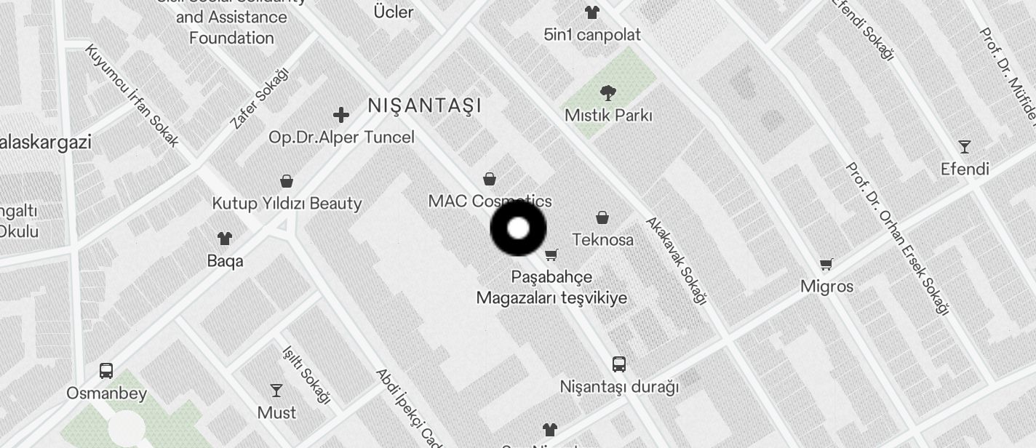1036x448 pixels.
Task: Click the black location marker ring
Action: pos(518,228)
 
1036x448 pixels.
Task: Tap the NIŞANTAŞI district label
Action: pos(425,105)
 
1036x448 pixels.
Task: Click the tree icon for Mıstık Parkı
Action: pos(607,92)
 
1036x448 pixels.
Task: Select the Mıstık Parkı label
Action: pos(608,116)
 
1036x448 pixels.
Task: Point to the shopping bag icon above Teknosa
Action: pos(602,217)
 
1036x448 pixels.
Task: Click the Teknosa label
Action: pos(602,240)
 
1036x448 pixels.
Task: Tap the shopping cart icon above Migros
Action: pos(826,264)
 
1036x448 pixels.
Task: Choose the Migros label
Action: pos(826,287)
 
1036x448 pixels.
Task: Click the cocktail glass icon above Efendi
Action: pos(965,147)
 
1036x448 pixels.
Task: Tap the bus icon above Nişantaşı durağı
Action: pos(619,364)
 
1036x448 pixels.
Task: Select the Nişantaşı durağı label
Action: pos(619,387)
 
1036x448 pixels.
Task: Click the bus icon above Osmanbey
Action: pos(106,371)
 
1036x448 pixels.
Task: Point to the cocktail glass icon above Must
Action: pos(276,391)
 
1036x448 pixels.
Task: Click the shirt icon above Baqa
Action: pos(225,238)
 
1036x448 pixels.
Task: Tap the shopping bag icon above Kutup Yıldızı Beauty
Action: pos(287,181)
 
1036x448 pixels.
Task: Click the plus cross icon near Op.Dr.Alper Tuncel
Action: pos(340,115)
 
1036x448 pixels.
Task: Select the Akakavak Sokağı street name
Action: pos(676,260)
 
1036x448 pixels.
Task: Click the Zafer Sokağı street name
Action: pos(259,98)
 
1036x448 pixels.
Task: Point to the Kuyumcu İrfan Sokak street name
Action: pos(132,95)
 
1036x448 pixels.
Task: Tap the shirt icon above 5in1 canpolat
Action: pos(592,12)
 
